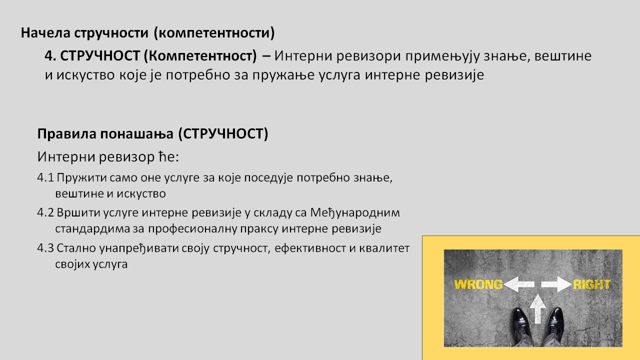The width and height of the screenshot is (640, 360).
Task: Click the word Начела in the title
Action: click(x=45, y=32)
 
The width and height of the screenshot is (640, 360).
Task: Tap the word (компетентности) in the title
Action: click(x=214, y=33)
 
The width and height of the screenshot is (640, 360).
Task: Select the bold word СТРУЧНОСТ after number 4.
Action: click(x=100, y=55)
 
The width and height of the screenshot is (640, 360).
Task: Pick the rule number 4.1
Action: click(x=45, y=177)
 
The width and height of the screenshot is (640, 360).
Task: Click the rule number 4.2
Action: click(x=45, y=213)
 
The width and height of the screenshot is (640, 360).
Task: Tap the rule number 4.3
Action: click(x=45, y=248)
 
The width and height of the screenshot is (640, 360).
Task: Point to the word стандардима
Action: click(x=93, y=229)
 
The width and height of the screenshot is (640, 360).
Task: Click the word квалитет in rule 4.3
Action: click(x=384, y=248)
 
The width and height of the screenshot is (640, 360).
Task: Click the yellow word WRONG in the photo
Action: click(x=478, y=284)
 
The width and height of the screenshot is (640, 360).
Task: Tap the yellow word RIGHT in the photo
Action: click(x=591, y=284)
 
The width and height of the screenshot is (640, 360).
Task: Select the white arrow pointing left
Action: click(x=518, y=284)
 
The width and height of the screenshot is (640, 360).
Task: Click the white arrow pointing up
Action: click(x=537, y=308)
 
